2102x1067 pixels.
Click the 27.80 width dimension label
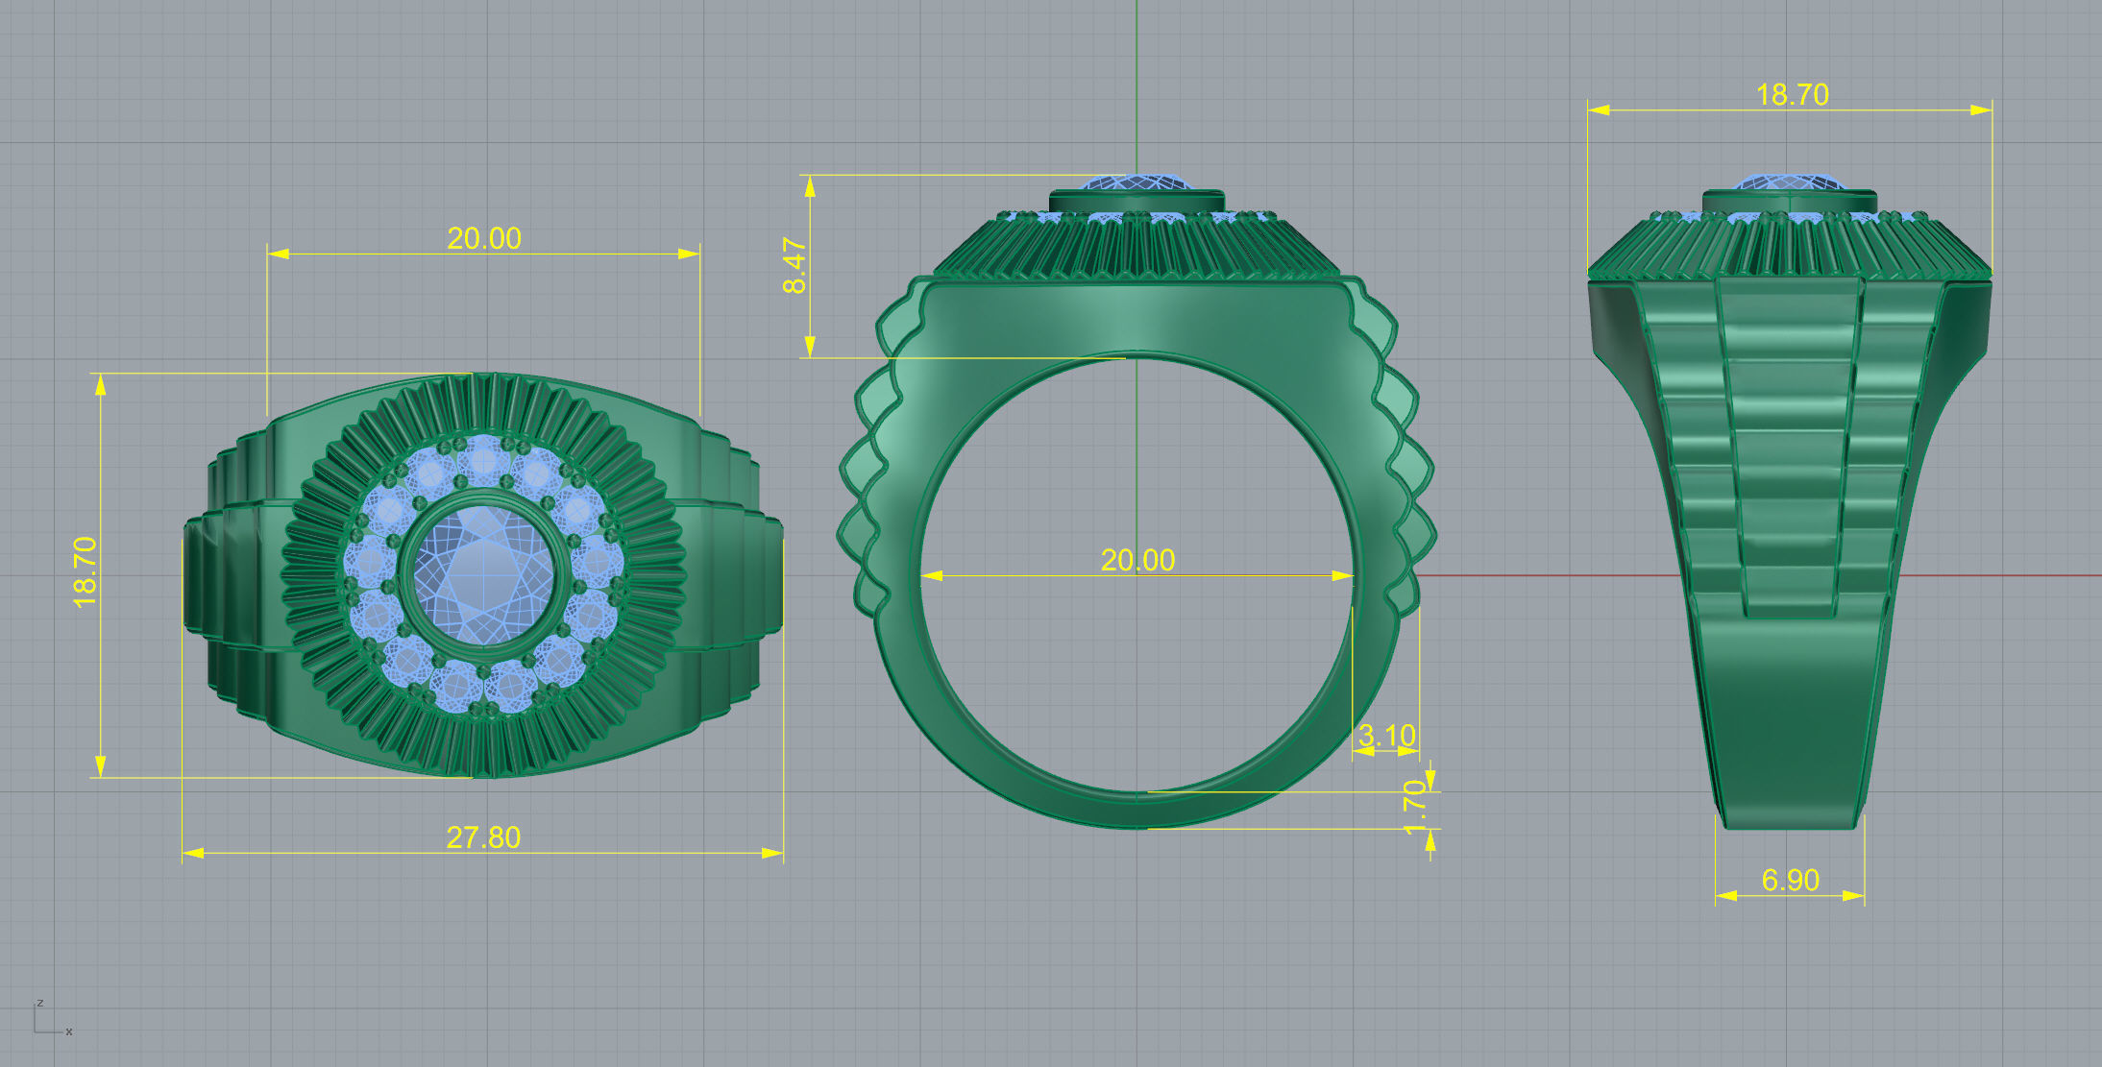click(483, 837)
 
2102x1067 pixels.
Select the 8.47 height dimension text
click(795, 266)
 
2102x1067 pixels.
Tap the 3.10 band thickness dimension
click(1386, 736)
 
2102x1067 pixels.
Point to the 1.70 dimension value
click(1415, 808)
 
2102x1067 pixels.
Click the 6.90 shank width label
click(1790, 880)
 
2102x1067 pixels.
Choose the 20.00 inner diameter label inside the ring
click(1137, 560)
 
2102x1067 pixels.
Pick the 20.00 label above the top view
click(484, 238)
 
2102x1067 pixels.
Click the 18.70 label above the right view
click(1792, 94)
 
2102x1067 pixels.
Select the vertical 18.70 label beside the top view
click(86, 572)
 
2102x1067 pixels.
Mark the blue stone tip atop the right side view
click(1791, 182)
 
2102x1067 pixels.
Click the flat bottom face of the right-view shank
click(1789, 824)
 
